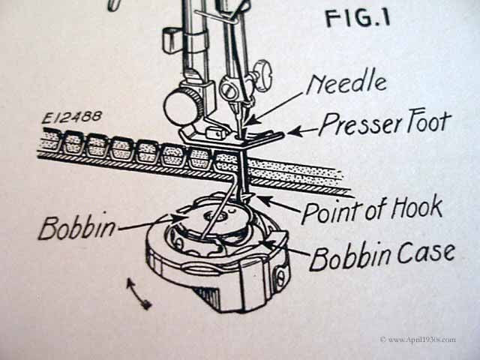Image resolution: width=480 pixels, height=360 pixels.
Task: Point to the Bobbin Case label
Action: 382,256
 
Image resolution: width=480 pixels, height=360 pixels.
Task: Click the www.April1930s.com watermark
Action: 418,340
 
